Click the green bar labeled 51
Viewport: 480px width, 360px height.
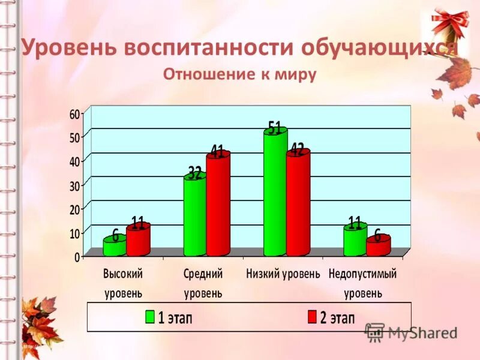click(275, 192)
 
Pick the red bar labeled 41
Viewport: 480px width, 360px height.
click(218, 203)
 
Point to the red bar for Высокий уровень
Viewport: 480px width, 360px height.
click(138, 239)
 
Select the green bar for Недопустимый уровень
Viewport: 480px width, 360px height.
click(355, 239)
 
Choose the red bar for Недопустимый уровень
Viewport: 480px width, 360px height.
click(378, 246)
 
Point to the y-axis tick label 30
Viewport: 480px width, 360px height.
click(74, 185)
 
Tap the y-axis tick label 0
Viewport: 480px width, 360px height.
click(77, 257)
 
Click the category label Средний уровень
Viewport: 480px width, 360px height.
click(203, 283)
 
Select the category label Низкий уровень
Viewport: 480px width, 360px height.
click(283, 274)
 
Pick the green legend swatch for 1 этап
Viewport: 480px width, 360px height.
click(151, 317)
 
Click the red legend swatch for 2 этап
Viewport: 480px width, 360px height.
click(311, 317)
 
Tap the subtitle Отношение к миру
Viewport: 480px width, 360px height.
click(240, 75)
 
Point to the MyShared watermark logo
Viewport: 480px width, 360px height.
click(375, 332)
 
